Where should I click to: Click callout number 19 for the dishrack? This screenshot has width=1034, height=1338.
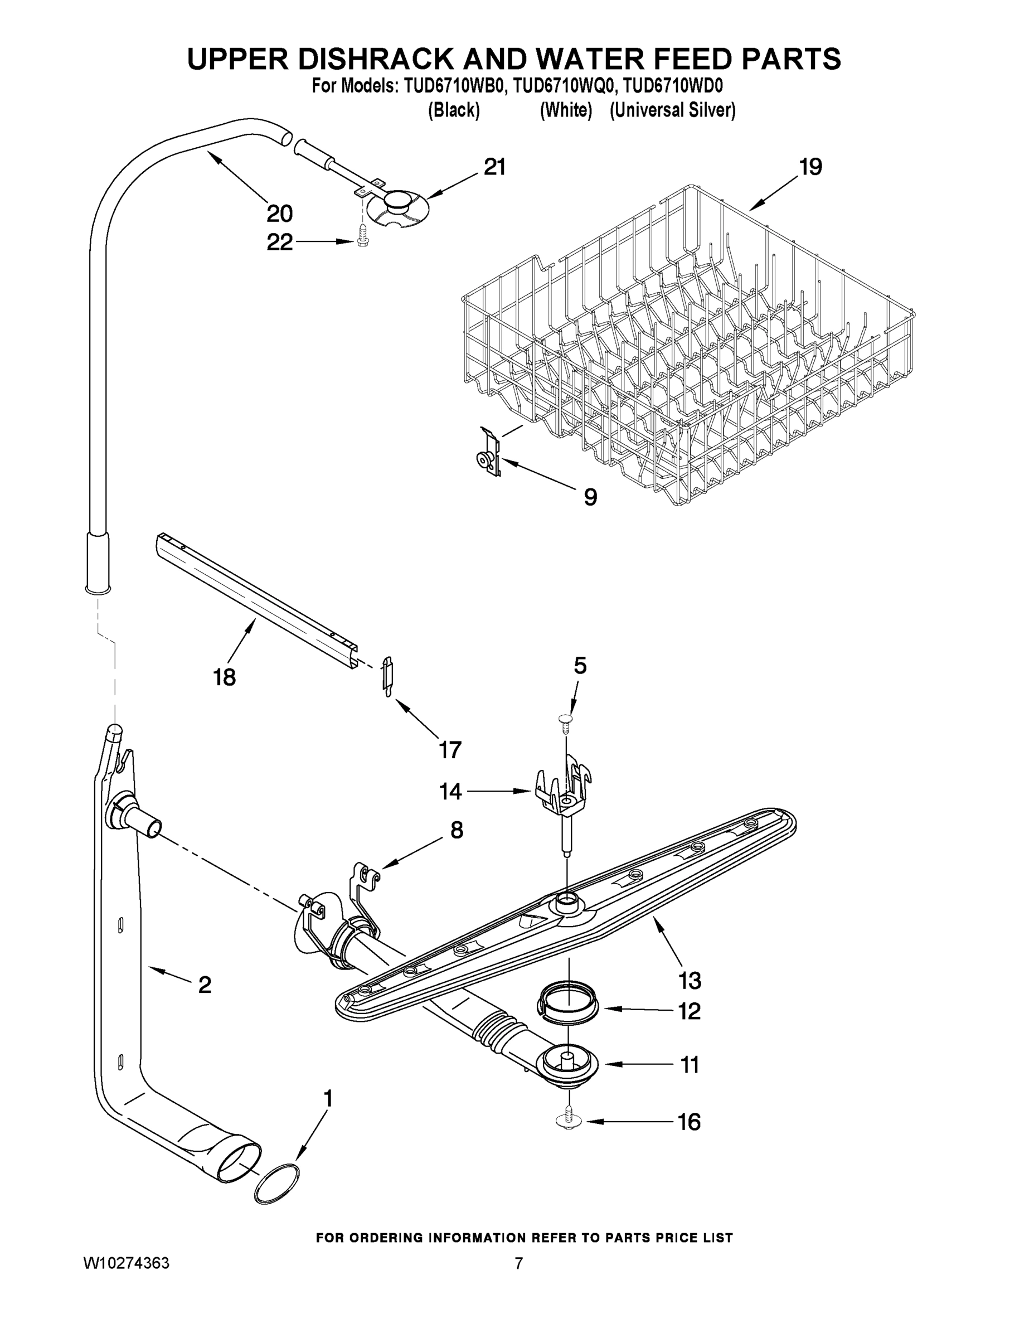(810, 167)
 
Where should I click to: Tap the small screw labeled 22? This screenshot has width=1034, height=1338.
(362, 234)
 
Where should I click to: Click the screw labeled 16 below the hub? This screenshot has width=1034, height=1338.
(569, 1121)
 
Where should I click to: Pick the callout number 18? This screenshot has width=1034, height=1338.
(224, 677)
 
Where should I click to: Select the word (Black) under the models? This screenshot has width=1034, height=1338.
(453, 110)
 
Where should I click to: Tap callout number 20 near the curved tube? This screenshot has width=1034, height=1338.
(279, 214)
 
